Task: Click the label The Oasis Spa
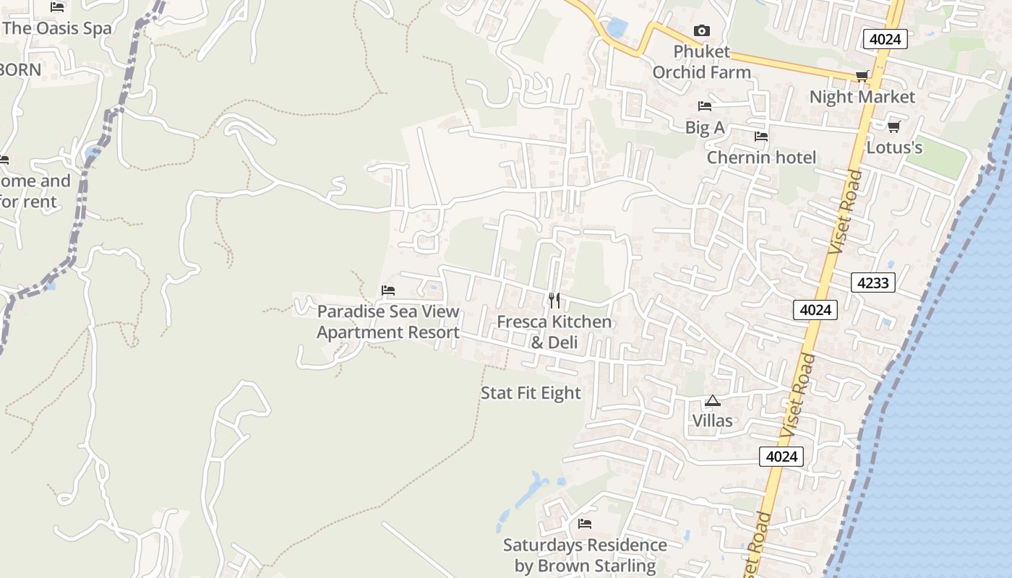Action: click(58, 29)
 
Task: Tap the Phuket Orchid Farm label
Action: click(702, 62)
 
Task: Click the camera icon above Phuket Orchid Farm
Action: click(701, 30)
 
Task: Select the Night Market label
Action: click(862, 97)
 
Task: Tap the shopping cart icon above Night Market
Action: click(862, 76)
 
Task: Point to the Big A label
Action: click(705, 128)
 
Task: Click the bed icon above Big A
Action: click(705, 106)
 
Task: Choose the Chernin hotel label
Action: click(761, 158)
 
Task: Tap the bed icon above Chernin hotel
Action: click(760, 137)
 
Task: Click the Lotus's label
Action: click(894, 148)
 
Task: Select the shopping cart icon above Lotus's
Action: click(893, 127)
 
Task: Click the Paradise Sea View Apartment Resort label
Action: click(388, 322)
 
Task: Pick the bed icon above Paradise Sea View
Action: click(388, 290)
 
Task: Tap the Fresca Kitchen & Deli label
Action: click(554, 332)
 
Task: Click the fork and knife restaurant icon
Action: click(554, 300)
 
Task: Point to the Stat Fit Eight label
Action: click(531, 393)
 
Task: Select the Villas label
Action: click(713, 420)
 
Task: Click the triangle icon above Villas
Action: click(713, 400)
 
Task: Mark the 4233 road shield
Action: click(872, 282)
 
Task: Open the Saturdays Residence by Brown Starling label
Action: click(585, 555)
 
